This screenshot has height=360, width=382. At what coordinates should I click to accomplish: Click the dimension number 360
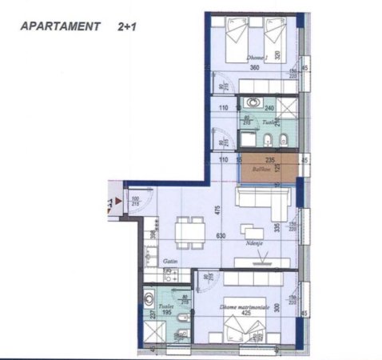(255, 68)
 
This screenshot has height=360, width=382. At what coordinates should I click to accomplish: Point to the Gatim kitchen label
(169, 262)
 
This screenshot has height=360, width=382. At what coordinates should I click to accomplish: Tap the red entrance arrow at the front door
(117, 201)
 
